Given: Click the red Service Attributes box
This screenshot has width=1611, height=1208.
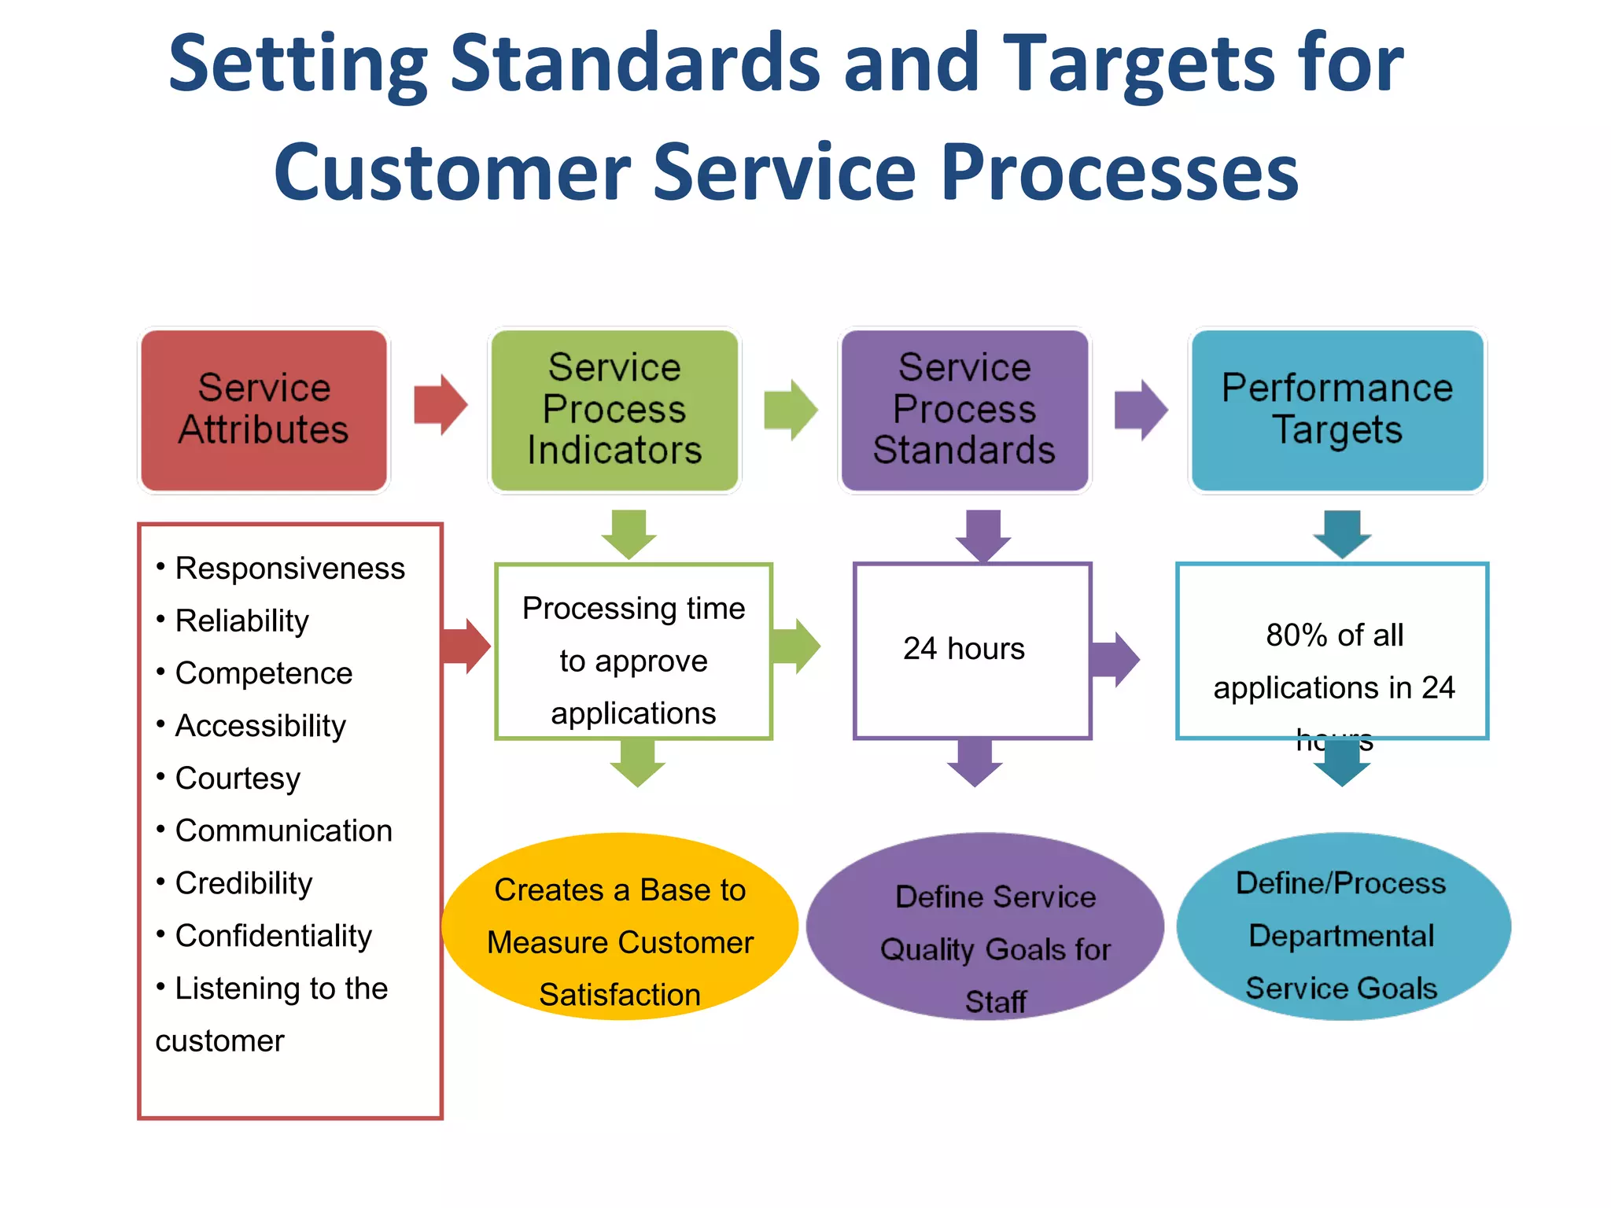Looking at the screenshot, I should click(264, 410).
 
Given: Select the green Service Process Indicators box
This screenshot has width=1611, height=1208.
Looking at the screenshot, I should click(614, 410).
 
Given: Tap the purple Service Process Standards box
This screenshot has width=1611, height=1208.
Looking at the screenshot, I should click(964, 410).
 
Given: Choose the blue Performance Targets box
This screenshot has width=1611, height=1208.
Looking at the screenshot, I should click(1337, 410).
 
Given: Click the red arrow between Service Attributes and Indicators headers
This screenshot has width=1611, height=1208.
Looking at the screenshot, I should click(441, 405).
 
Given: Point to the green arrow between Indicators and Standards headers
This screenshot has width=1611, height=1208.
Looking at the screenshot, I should click(791, 410).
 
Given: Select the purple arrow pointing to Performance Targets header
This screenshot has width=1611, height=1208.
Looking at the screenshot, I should click(1141, 410).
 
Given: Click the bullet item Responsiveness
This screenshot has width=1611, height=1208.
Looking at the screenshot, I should click(289, 569).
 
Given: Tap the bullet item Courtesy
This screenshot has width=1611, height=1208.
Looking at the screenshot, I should click(238, 779).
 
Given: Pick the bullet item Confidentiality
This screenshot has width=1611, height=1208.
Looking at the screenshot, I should click(273, 936).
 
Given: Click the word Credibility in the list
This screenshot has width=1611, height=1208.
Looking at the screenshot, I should click(244, 883).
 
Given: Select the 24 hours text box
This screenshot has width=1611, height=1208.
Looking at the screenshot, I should click(964, 649).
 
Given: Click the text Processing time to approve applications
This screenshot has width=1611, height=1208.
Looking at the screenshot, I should click(633, 661).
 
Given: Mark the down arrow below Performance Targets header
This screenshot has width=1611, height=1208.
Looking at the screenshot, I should click(1342, 534).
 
